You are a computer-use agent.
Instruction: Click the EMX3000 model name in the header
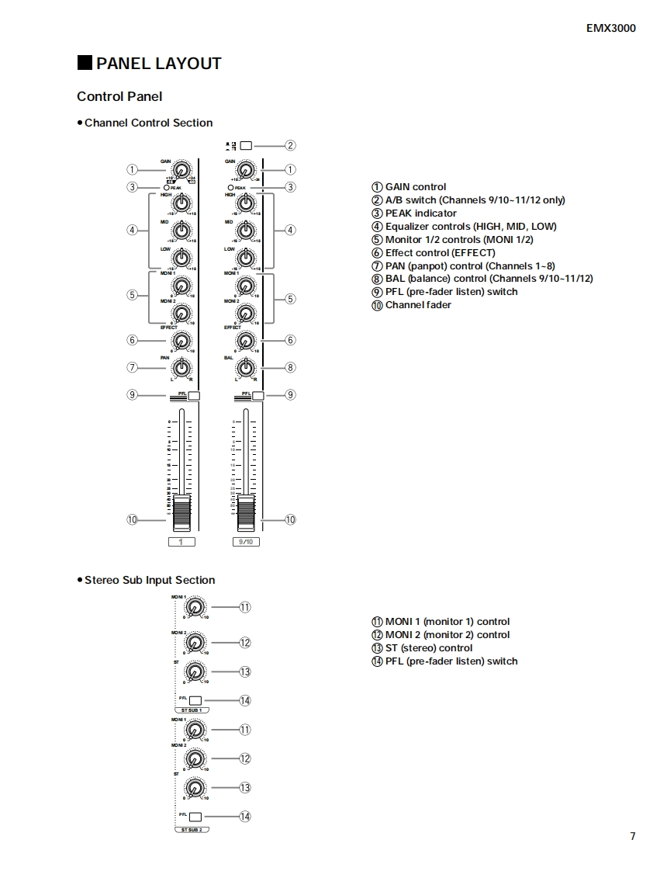(x=610, y=29)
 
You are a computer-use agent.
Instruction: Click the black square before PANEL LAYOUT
(x=85, y=64)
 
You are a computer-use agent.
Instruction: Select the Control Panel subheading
(x=119, y=96)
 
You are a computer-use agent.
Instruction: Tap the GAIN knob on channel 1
(x=181, y=170)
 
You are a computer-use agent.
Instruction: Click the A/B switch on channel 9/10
(x=246, y=145)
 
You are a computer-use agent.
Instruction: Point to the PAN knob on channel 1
(x=181, y=367)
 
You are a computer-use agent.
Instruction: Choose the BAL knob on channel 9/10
(x=246, y=367)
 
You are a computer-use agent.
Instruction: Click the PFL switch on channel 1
(x=193, y=396)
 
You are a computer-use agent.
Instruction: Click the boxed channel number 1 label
(x=181, y=542)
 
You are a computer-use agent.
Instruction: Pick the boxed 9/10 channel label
(x=246, y=542)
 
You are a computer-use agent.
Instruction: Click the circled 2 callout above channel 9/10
(x=290, y=145)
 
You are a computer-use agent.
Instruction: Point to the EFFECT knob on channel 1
(x=181, y=340)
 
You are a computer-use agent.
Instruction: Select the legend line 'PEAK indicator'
(x=420, y=213)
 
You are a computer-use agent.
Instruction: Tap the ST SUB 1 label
(x=191, y=710)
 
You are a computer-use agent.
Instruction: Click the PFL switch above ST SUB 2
(x=195, y=817)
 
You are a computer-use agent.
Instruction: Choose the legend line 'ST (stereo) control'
(x=428, y=648)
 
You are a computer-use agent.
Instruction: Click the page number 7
(x=632, y=836)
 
